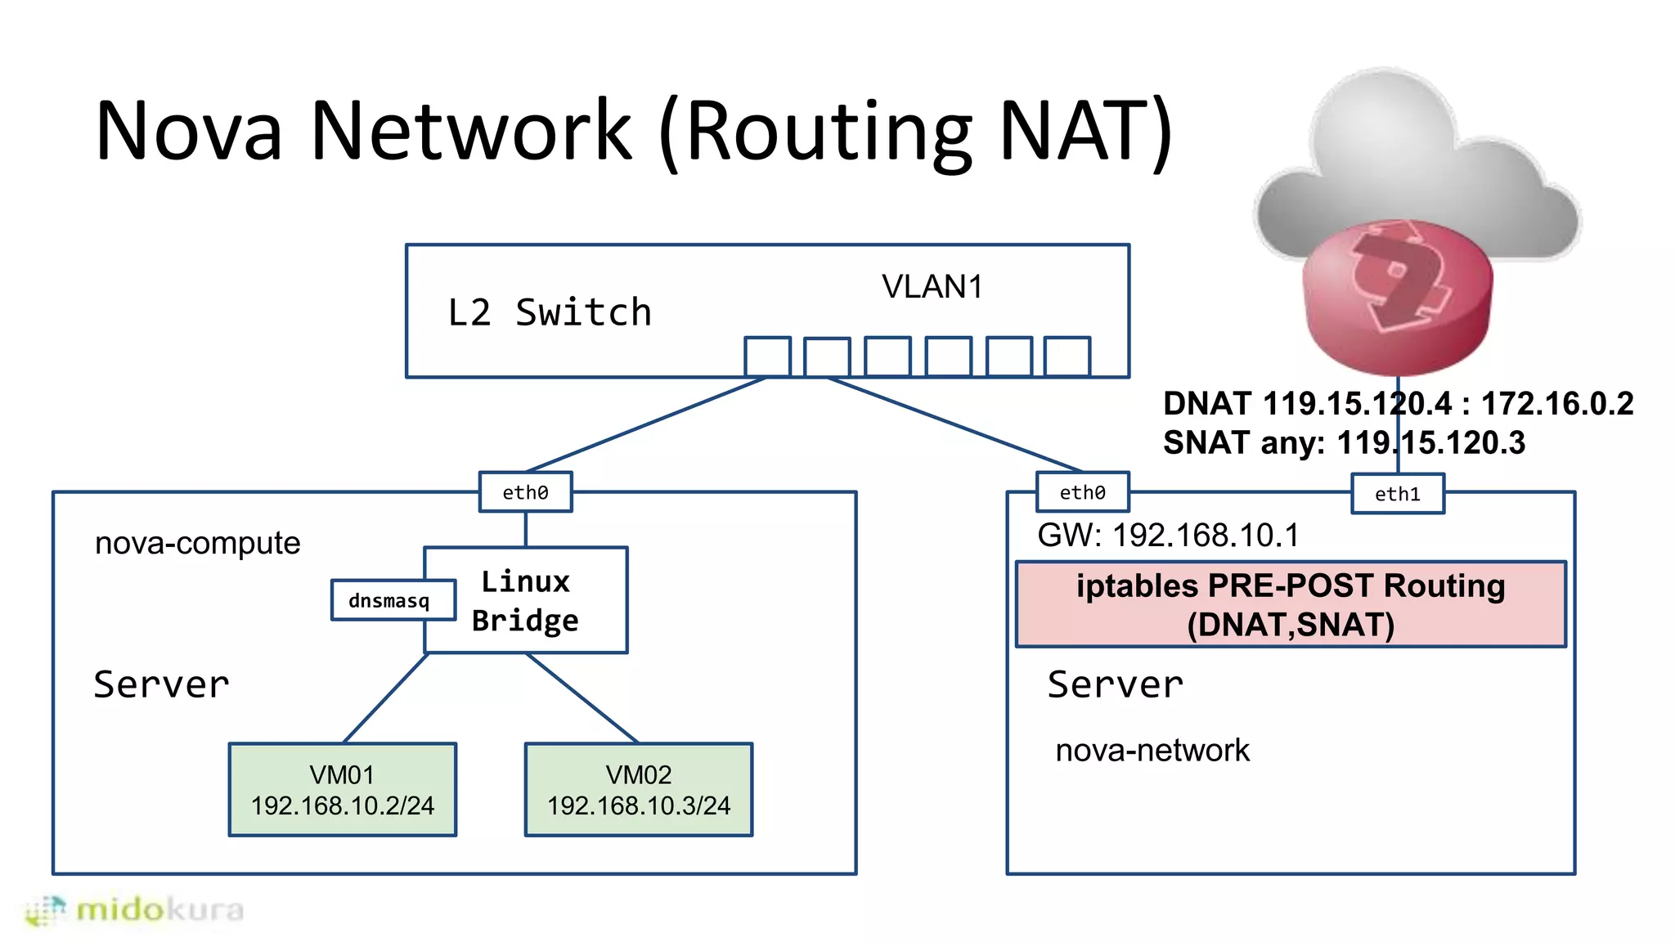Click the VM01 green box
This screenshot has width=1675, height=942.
tap(342, 789)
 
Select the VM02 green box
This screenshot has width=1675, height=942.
tap(638, 789)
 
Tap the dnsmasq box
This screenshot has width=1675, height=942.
tap(389, 601)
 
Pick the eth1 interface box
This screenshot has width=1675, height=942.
tap(1397, 494)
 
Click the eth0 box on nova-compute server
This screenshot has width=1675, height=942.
tap(525, 492)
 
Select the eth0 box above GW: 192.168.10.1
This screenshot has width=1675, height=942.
tap(1082, 492)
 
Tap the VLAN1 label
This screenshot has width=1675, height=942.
tap(932, 287)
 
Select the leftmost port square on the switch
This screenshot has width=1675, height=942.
tap(767, 357)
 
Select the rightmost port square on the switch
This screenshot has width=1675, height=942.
tap(1067, 357)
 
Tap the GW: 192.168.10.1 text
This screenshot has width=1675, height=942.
tap(1167, 536)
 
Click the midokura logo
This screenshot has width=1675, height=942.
tap(135, 910)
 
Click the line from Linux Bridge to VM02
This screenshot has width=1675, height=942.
tap(582, 698)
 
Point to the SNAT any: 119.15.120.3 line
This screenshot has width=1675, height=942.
tap(1343, 443)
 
